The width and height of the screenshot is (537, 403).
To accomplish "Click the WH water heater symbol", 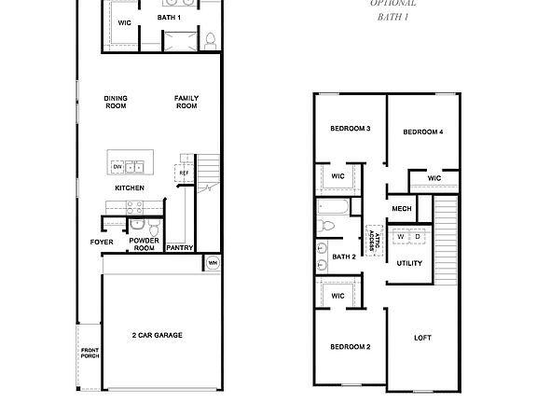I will tap(212, 263).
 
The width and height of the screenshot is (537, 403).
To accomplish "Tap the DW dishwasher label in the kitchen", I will tap(117, 167).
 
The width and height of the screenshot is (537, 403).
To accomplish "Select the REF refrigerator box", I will tap(184, 174).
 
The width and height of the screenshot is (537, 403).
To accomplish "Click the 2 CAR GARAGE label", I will tap(157, 335).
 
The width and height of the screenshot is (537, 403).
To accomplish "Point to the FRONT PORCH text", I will tap(89, 354).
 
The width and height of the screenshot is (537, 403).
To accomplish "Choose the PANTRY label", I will tap(180, 248).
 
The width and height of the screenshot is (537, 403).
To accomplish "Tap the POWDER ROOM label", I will tap(144, 244).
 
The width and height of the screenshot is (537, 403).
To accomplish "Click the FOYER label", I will tap(102, 242).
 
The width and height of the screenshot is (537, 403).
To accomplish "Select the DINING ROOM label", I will tap(116, 102).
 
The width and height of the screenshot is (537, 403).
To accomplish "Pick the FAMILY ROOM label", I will tap(186, 102).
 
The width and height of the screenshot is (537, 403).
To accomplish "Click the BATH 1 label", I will tap(169, 19).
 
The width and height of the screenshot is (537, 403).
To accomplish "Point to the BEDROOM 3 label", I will tap(351, 128).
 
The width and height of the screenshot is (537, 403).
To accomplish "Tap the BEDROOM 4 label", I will tap(422, 132).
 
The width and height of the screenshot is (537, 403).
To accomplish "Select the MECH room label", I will tap(402, 209).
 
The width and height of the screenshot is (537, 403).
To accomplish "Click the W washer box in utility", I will tap(401, 236).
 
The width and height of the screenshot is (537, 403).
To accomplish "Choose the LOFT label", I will tap(423, 338).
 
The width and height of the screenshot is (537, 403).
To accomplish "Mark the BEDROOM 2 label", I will tap(351, 347).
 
